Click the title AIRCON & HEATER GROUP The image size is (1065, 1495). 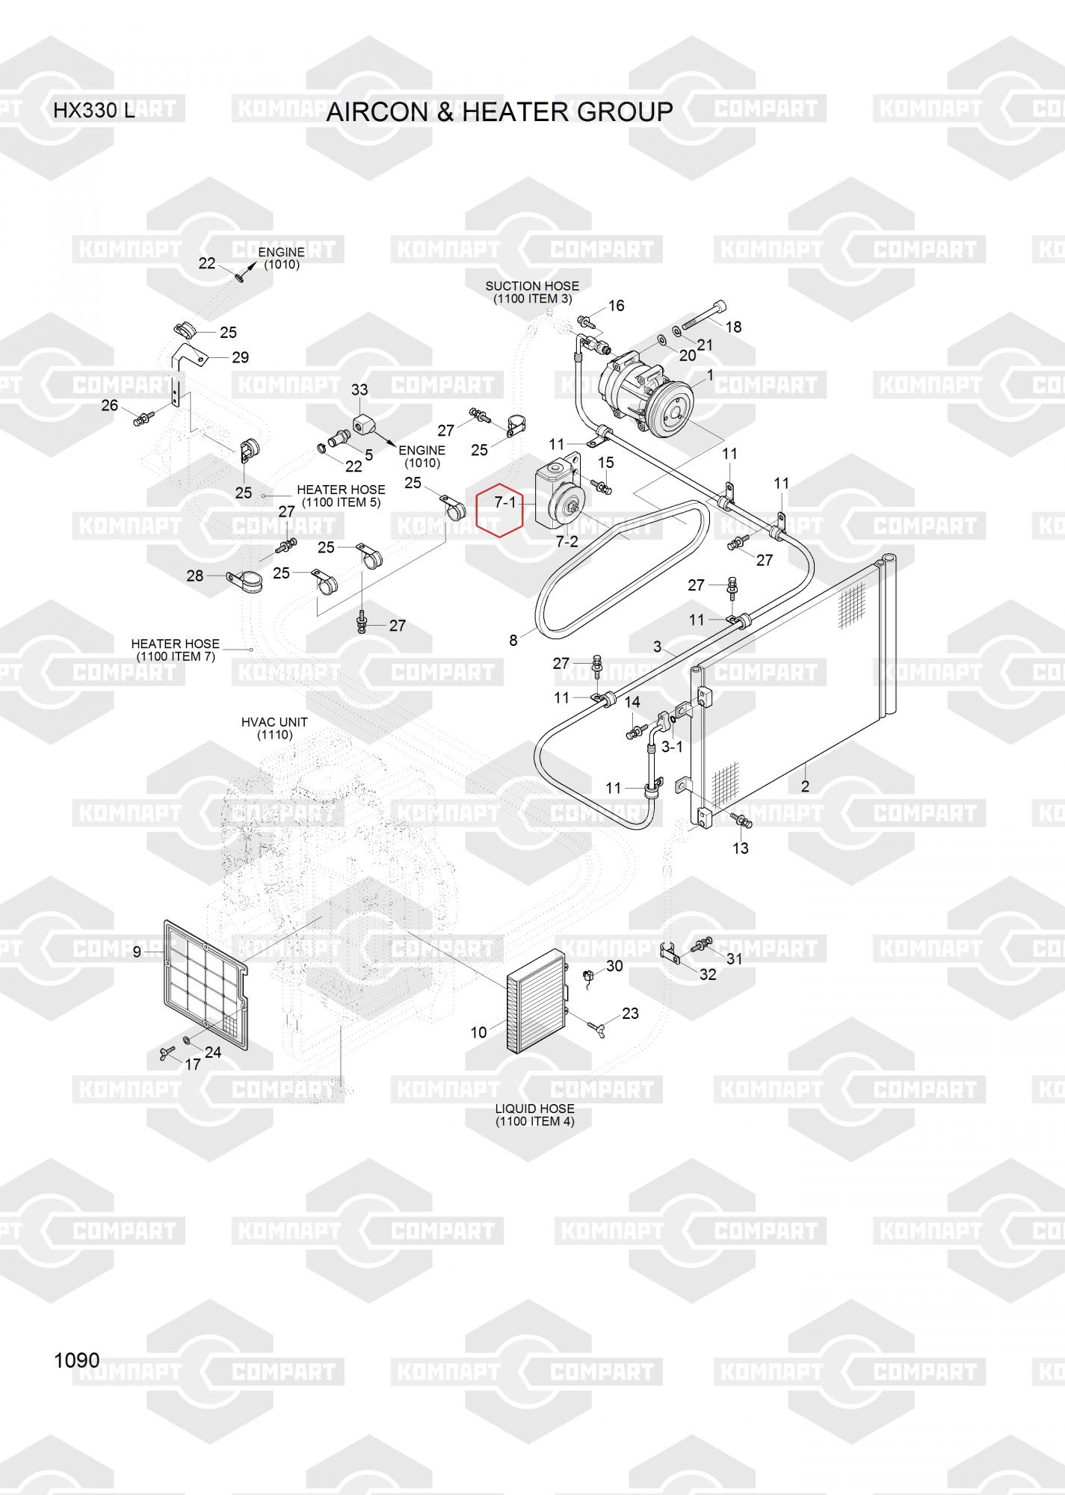499,112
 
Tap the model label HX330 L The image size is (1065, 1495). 93,111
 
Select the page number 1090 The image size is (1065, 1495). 76,1360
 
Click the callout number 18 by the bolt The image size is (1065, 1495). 733,327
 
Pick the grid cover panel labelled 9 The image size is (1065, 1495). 205,984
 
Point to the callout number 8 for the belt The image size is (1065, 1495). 513,641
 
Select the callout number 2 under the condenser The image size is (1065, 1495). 805,786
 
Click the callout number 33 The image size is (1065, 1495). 359,389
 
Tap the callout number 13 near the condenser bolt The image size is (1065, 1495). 740,848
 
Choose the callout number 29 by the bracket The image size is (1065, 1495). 240,357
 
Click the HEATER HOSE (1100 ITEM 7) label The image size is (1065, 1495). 175,650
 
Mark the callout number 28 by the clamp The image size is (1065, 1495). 194,576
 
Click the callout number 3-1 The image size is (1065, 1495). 672,746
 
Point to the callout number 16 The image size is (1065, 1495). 616,306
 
